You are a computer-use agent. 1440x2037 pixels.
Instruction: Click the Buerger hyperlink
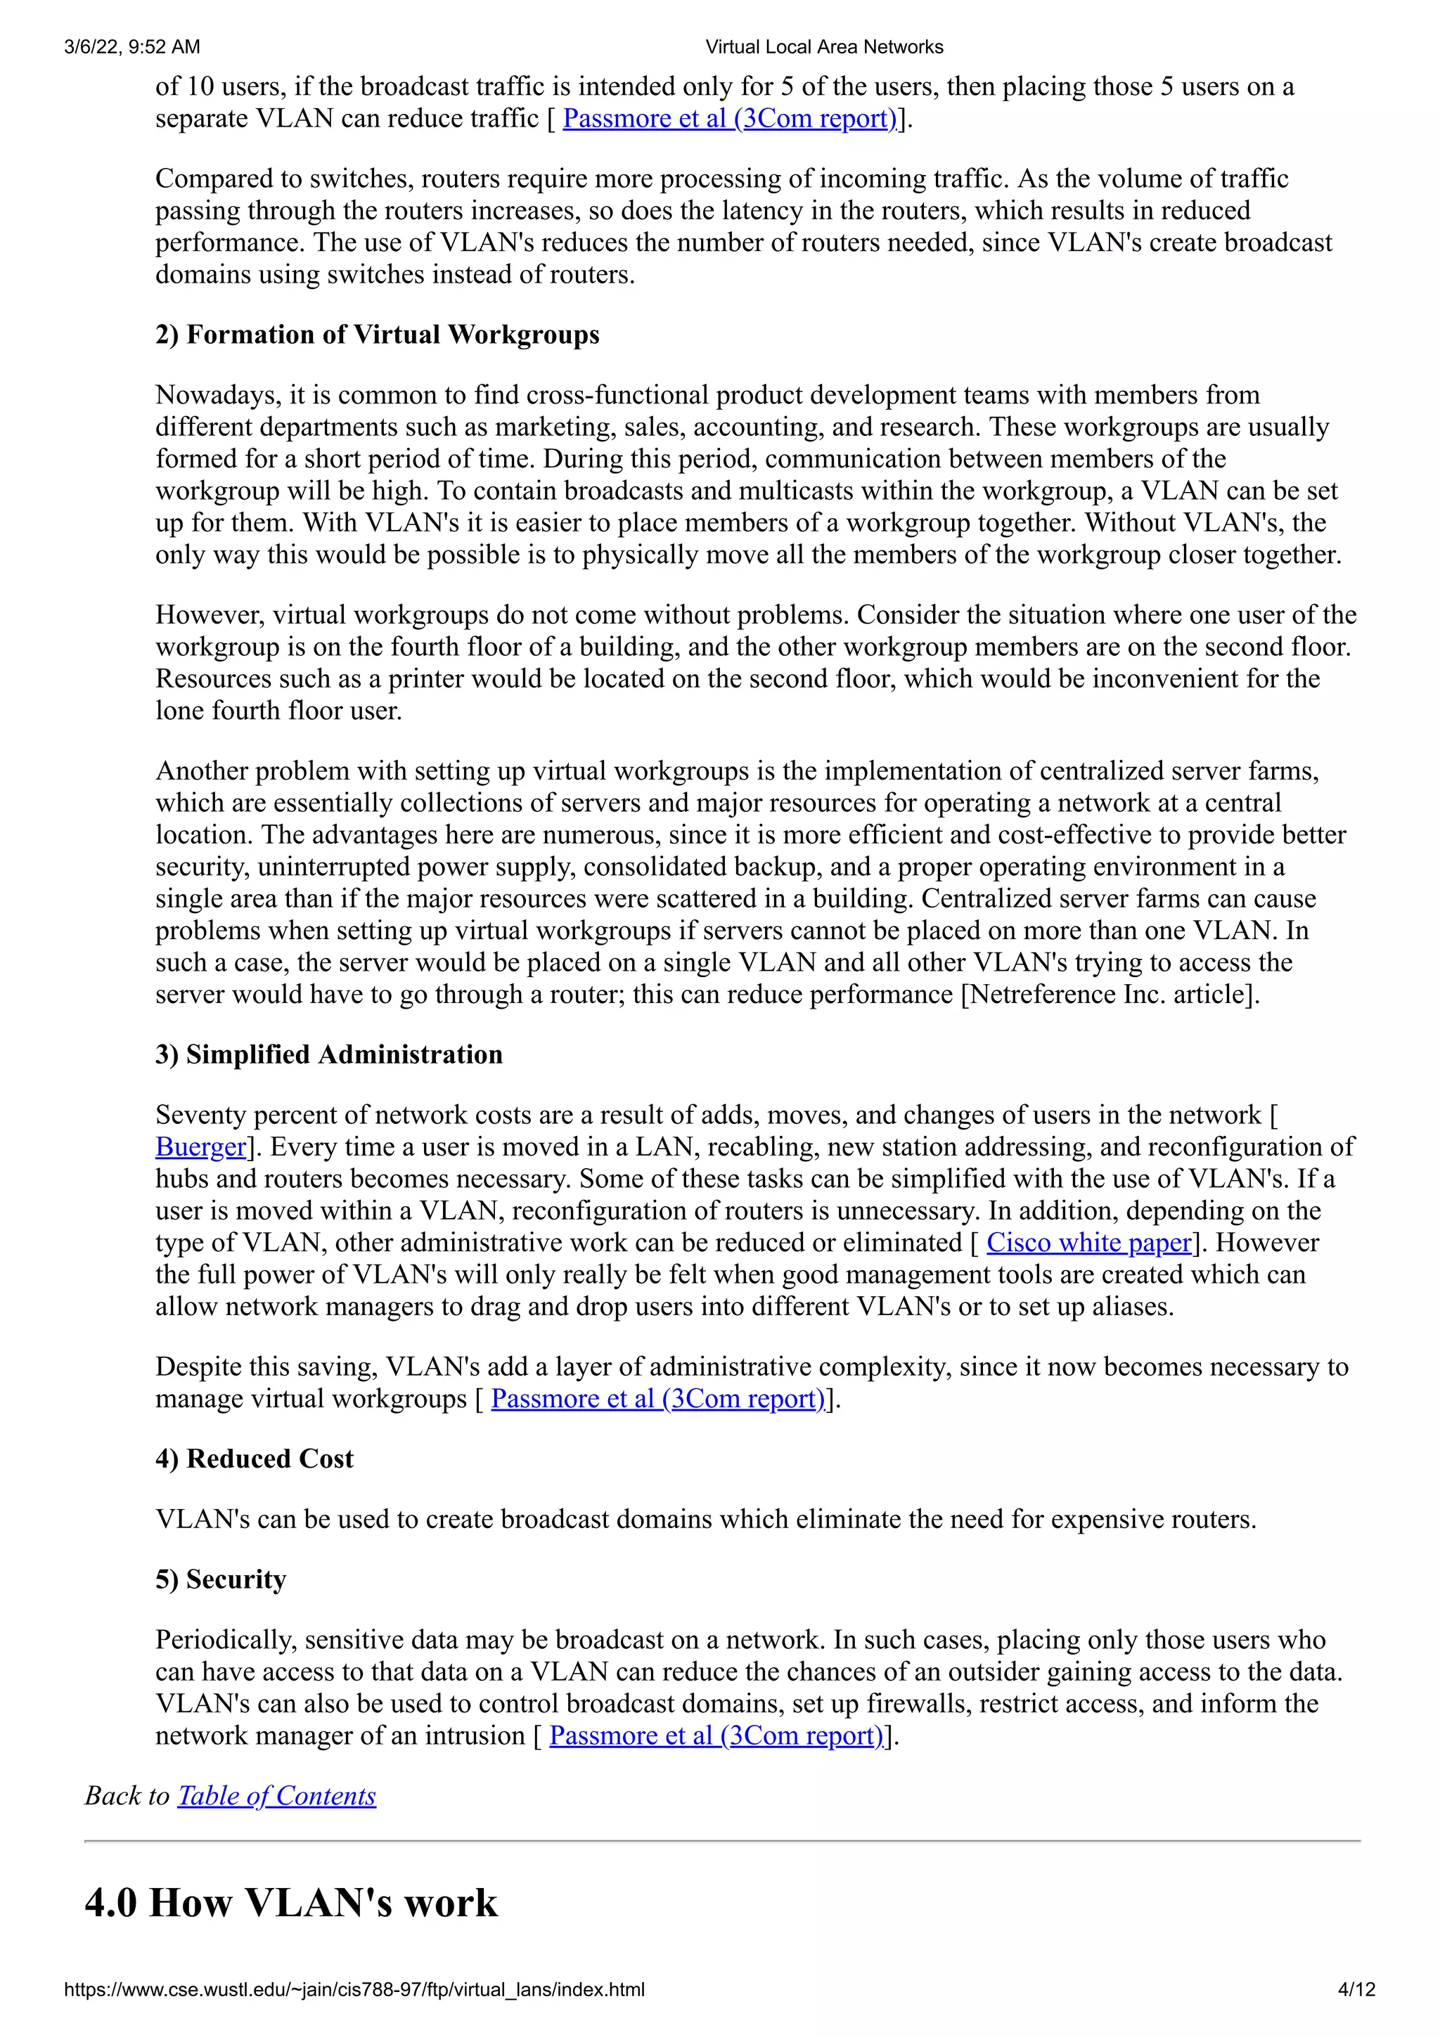click(200, 1147)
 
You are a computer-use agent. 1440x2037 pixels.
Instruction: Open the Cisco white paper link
click(1088, 1243)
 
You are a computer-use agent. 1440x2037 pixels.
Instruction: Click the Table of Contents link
click(277, 1796)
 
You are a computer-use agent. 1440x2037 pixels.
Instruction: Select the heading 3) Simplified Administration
click(329, 1055)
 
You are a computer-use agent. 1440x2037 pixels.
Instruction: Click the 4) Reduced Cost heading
click(255, 1459)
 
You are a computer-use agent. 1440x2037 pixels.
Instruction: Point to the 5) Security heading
click(221, 1580)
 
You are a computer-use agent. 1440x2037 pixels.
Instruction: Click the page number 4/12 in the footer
click(1356, 1990)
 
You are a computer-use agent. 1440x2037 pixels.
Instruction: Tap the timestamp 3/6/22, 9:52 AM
click(132, 47)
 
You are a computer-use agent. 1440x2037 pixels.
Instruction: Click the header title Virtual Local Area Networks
click(823, 47)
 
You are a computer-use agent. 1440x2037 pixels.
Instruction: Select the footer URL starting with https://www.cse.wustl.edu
click(354, 1990)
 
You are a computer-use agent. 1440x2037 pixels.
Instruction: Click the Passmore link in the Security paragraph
click(716, 1736)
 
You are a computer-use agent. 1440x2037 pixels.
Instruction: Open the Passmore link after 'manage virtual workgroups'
click(657, 1399)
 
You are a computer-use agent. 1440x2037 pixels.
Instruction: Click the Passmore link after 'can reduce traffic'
click(729, 119)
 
